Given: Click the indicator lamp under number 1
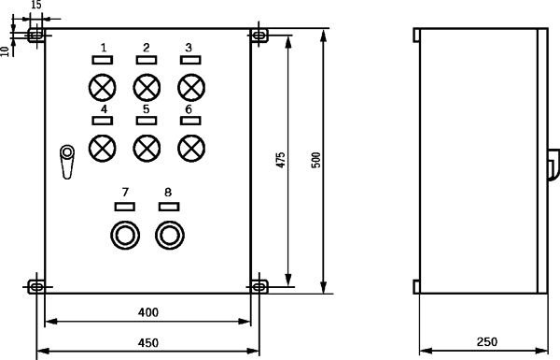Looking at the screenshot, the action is click(x=102, y=87).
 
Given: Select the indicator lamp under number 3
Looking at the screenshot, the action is click(x=191, y=87).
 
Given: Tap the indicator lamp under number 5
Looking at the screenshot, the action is click(x=147, y=148).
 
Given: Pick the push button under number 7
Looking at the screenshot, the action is click(x=125, y=235).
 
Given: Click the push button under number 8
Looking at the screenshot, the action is click(x=170, y=235).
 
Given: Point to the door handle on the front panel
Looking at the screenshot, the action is click(x=67, y=162).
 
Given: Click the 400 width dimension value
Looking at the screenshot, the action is click(x=148, y=312).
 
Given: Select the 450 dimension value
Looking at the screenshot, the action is click(x=148, y=343).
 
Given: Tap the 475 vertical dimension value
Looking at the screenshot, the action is click(x=281, y=160).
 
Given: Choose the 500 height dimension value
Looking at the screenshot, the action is click(x=316, y=160).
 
